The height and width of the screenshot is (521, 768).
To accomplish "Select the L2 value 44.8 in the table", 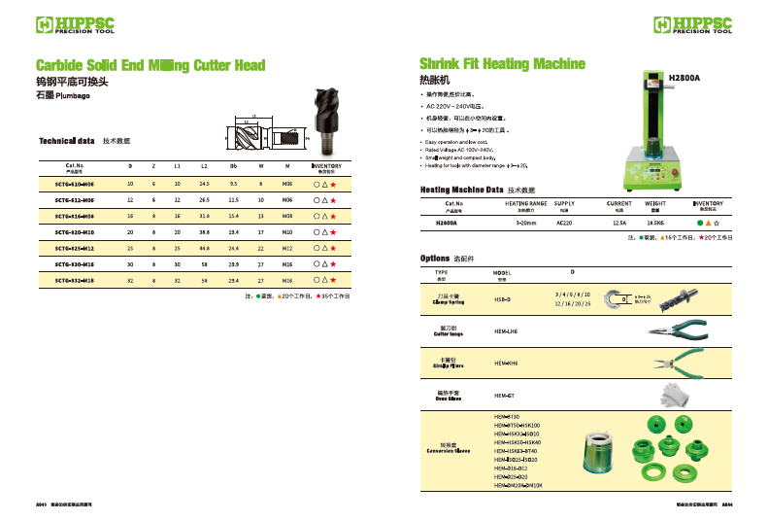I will click(204, 249).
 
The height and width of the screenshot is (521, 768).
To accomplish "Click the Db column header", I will click(233, 166).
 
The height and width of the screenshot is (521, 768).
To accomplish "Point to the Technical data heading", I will click(67, 141).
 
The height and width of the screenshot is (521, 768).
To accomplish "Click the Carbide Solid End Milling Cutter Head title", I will click(150, 66).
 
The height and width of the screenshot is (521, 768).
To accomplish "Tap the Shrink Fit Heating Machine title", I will click(502, 64).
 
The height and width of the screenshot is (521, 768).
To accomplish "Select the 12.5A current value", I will click(619, 222).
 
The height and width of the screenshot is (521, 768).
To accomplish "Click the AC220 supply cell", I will click(564, 222).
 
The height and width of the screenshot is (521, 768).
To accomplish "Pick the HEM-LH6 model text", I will click(506, 331).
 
